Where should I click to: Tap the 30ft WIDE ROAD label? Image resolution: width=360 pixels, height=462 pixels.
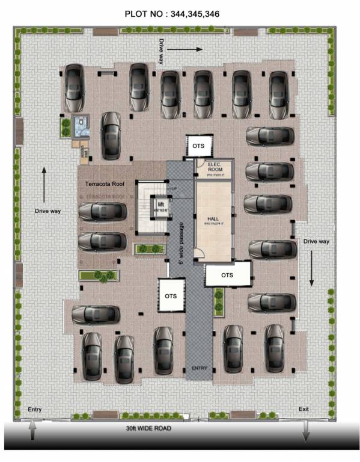(148, 428)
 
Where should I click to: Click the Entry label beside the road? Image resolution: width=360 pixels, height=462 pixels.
(35, 410)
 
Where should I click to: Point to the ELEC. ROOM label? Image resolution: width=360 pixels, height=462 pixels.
(215, 167)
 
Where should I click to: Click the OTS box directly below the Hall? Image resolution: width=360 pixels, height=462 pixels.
(227, 275)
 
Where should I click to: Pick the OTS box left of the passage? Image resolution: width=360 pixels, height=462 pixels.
(171, 295)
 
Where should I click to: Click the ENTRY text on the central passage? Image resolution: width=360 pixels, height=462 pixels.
(199, 368)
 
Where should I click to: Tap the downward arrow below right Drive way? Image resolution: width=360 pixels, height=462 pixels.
(312, 267)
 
